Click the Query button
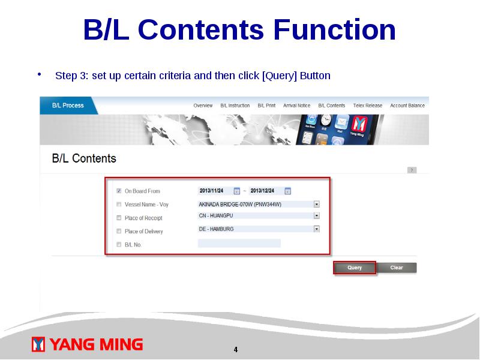355,268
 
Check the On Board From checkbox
119,191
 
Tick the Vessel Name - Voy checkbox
119,204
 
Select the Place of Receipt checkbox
119,218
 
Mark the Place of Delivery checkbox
119,231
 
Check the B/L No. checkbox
119,244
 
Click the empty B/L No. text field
239,244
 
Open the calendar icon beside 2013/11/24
236,191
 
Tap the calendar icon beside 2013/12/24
288,191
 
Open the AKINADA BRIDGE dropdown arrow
317,204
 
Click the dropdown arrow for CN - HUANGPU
317,216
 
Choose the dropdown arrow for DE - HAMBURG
317,229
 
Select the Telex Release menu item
368,106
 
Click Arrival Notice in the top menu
296,106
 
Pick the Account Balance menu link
407,106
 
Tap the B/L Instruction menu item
235,106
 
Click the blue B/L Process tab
68,106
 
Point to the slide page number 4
236,350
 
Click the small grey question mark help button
412,170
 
